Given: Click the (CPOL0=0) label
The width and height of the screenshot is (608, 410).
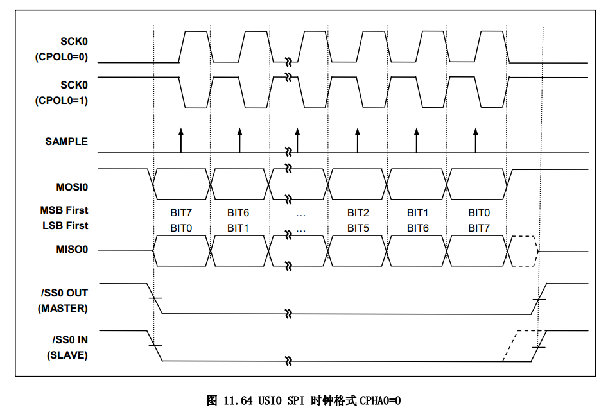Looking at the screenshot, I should point(61,58).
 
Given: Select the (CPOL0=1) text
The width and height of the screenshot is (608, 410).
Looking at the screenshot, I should point(61,101).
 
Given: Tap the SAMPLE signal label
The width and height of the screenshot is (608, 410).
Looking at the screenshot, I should point(66,141).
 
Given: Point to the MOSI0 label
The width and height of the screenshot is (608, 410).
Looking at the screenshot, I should point(72,187).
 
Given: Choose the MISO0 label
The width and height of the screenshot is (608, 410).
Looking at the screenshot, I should point(72,249).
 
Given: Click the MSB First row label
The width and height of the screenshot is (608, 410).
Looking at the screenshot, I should point(64,210).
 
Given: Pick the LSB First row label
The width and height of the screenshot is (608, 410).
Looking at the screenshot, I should point(64,226).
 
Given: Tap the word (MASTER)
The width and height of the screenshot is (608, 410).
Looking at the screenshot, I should point(63,308).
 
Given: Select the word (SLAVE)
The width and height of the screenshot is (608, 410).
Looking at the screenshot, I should point(67,355).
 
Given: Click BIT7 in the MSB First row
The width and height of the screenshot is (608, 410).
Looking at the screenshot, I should point(182,212).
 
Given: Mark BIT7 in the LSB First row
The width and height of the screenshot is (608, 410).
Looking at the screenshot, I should point(478,228).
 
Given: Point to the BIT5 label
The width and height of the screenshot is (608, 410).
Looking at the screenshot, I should point(358,228).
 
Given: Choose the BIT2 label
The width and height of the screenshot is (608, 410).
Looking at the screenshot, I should point(358,212).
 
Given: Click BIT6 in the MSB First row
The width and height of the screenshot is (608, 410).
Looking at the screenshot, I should point(238,212).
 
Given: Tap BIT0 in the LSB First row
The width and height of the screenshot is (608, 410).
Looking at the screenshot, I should point(182,228).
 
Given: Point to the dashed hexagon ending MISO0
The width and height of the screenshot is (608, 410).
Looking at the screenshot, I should point(523,250).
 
